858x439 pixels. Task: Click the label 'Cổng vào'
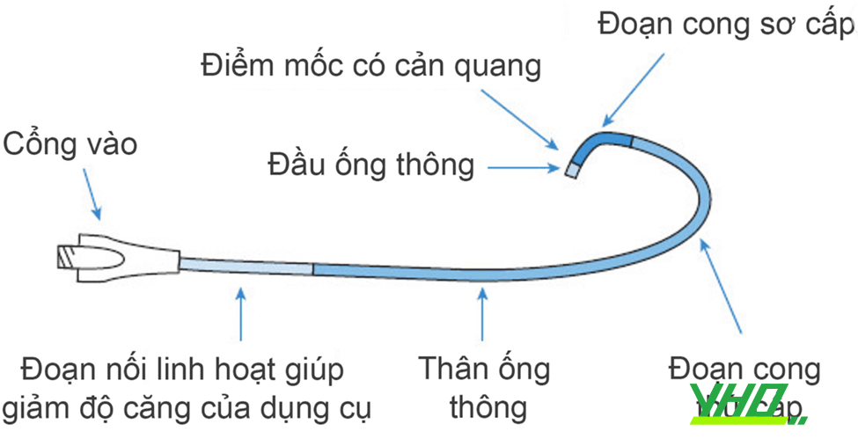coord(71,144)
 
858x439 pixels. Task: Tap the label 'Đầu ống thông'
coord(371,165)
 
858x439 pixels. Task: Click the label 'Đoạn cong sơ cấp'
coord(725,24)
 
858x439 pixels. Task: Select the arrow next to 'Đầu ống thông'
coord(526,165)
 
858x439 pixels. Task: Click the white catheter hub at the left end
coord(114,259)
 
